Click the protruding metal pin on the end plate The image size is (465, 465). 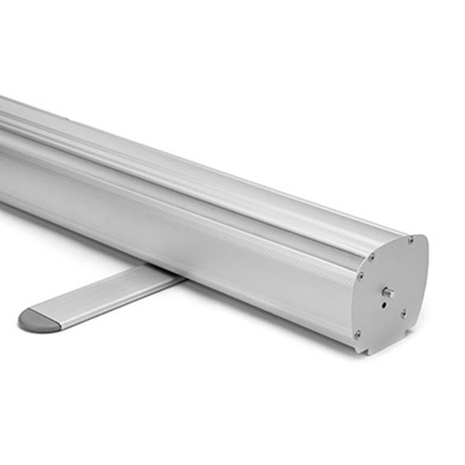coord(387,292)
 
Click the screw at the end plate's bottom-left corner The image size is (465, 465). coord(357,334)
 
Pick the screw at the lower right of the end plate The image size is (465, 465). coord(403,313)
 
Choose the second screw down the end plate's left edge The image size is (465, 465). coord(361,275)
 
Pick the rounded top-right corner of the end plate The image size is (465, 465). coord(422,240)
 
